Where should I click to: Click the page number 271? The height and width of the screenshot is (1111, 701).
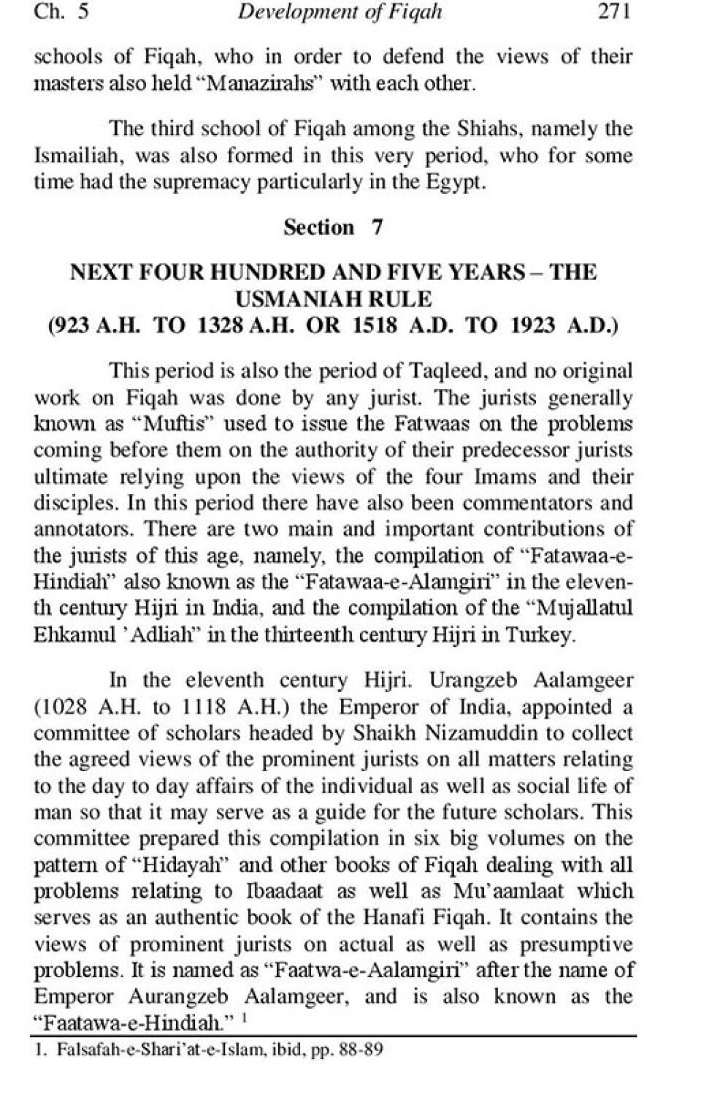coord(613,11)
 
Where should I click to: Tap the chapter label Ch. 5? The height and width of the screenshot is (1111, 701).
coord(61,11)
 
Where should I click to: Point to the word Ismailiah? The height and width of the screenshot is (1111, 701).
coord(78,156)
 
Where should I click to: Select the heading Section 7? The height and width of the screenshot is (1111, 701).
coord(333,227)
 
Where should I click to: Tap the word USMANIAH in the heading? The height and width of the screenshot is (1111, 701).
coord(295,299)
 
